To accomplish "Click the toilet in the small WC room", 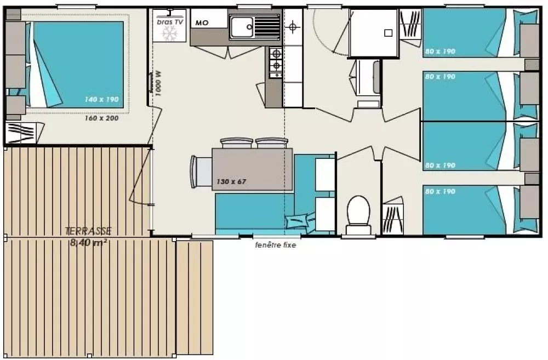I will (359, 211).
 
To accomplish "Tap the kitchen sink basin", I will (242, 27).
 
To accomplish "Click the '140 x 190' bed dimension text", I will (101, 100).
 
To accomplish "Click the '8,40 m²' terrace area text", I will (88, 242).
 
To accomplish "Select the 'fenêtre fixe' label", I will (275, 245).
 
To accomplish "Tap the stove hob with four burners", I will (275, 61).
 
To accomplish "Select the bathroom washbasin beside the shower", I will (368, 77).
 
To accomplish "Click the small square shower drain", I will (388, 33).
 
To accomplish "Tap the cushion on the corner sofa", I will (300, 220).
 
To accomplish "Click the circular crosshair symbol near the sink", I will (294, 26).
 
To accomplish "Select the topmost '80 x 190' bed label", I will (439, 52).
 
